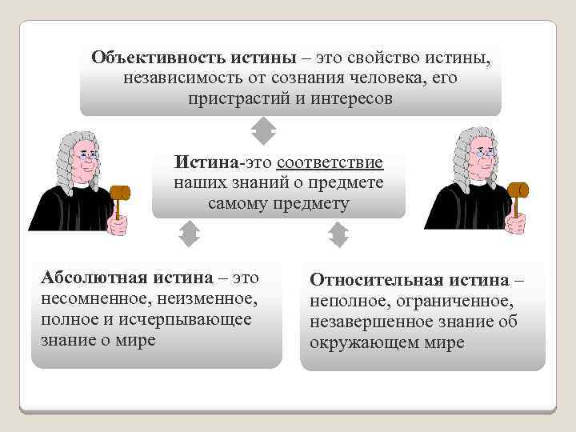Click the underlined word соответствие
click(330, 163)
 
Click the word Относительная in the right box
click(370, 281)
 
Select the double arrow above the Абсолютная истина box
click(188, 234)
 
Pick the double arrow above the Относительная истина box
click(338, 234)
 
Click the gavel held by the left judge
click(120, 194)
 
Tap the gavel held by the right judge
click(517, 193)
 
